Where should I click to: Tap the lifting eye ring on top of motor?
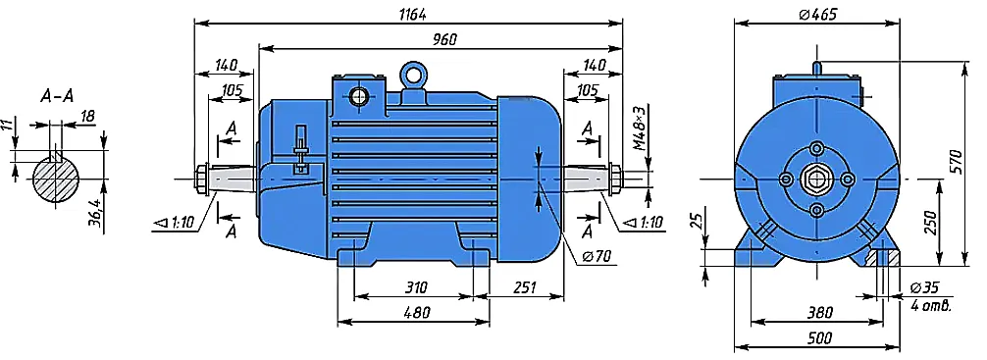click(413, 75)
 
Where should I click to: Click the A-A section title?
click(57, 96)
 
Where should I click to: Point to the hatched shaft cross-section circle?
click(56, 179)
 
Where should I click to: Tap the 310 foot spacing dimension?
click(414, 287)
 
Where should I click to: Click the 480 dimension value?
click(414, 312)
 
